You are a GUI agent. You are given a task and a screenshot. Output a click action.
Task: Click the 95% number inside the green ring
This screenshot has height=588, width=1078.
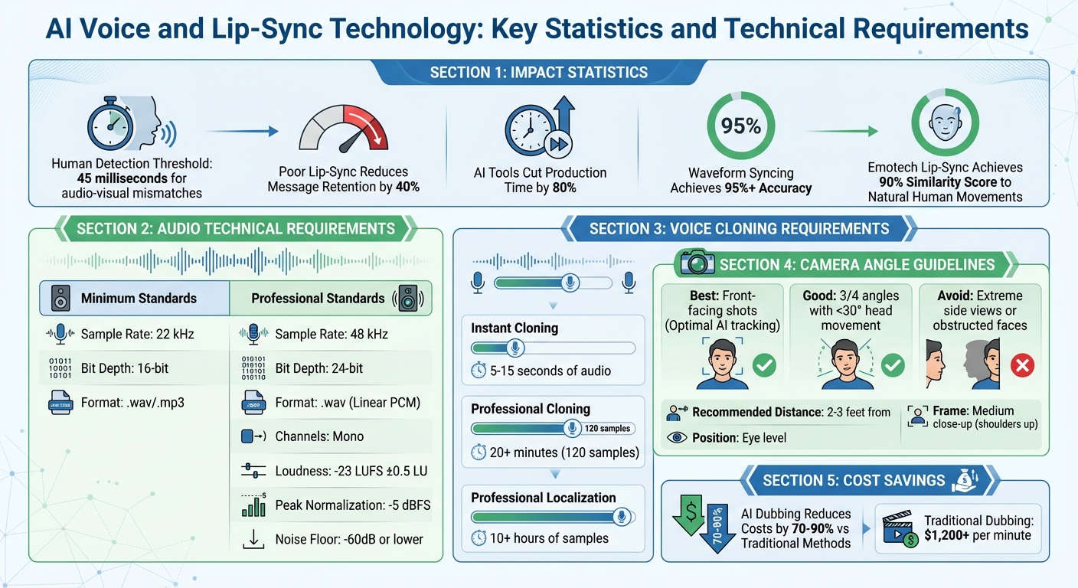click(x=740, y=126)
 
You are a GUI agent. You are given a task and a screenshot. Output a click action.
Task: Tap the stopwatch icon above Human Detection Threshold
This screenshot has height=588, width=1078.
click(x=112, y=122)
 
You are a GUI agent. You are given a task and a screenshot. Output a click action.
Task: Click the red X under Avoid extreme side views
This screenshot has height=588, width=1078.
click(x=1022, y=367)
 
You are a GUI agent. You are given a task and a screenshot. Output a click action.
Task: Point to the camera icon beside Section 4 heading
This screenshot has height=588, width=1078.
click(x=697, y=264)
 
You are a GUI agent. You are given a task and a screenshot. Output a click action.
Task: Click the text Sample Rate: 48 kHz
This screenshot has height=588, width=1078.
click(x=331, y=334)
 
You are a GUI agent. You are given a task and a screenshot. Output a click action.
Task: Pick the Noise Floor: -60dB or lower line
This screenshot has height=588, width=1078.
click(x=348, y=539)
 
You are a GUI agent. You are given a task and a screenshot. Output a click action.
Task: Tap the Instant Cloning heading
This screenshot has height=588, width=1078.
click(x=514, y=328)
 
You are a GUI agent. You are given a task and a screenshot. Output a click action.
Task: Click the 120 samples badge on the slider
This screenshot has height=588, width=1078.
click(x=609, y=429)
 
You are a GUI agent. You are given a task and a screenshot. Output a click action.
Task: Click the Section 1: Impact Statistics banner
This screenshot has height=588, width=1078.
click(x=538, y=73)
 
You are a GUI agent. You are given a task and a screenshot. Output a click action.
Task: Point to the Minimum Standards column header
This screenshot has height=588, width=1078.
click(x=139, y=298)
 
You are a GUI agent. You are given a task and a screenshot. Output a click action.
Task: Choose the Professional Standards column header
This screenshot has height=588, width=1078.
click(x=318, y=298)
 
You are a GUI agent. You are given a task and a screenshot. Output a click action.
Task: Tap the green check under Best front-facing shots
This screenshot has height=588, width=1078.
click(x=763, y=366)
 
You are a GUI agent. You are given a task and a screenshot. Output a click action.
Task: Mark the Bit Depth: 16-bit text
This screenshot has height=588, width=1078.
click(x=124, y=368)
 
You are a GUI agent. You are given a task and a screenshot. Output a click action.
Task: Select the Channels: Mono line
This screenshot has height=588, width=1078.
click(x=319, y=436)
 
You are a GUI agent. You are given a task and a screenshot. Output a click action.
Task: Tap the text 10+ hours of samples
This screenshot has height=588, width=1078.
click(x=549, y=538)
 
